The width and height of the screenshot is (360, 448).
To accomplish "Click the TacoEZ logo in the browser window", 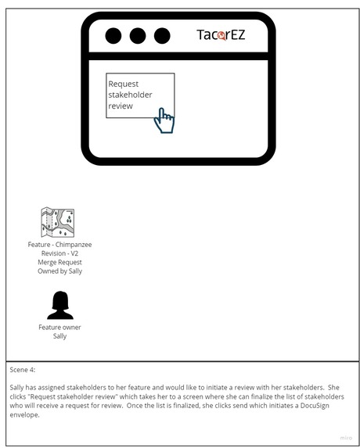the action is pyautogui.click(x=221, y=34).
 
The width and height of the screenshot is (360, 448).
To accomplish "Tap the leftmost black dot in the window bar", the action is pyautogui.click(x=113, y=35).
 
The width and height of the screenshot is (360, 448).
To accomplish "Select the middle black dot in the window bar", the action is pyautogui.click(x=138, y=35).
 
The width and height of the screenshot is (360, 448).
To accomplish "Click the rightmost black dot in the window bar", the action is pyautogui.click(x=162, y=35).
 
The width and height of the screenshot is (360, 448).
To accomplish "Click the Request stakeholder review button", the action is pyautogui.click(x=139, y=95).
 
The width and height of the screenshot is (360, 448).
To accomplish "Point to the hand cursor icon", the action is pyautogui.click(x=164, y=120).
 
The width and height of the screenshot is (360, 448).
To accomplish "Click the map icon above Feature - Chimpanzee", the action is pyautogui.click(x=58, y=223).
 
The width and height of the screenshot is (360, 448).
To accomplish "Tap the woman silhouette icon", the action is pyautogui.click(x=59, y=305).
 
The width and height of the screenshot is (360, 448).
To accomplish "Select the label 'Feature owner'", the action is pyautogui.click(x=59, y=327).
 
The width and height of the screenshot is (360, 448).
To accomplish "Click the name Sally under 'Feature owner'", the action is pyautogui.click(x=59, y=336).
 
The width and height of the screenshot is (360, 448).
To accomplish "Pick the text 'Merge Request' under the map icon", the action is pyautogui.click(x=59, y=262).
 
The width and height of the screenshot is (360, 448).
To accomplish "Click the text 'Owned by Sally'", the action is pyautogui.click(x=59, y=271).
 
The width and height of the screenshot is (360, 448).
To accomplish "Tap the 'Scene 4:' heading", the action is pyautogui.click(x=23, y=370).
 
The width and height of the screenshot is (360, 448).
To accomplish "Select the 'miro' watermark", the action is pyautogui.click(x=345, y=438).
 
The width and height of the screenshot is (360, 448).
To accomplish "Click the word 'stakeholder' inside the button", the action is pyautogui.click(x=130, y=95).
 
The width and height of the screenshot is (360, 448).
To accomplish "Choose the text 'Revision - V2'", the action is pyautogui.click(x=59, y=253).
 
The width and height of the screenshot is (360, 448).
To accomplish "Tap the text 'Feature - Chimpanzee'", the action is pyautogui.click(x=59, y=245).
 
